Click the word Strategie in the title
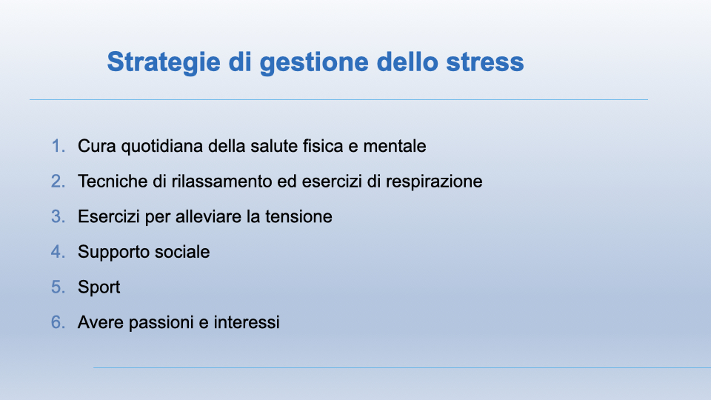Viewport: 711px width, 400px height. point(164,62)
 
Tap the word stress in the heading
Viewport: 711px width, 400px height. point(484,62)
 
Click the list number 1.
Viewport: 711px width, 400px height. point(58,146)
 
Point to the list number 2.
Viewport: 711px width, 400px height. point(58,181)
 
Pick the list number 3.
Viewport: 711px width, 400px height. point(58,217)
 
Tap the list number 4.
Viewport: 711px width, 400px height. point(58,252)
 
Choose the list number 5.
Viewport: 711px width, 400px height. point(58,287)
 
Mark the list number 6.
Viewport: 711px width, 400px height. point(58,323)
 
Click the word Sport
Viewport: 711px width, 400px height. point(99,288)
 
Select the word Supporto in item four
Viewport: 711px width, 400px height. point(112,253)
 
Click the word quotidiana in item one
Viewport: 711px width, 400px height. point(162,147)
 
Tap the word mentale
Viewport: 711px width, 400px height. point(395,146)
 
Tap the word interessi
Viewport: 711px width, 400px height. point(247,323)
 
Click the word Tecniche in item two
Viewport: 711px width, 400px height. point(113,181)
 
